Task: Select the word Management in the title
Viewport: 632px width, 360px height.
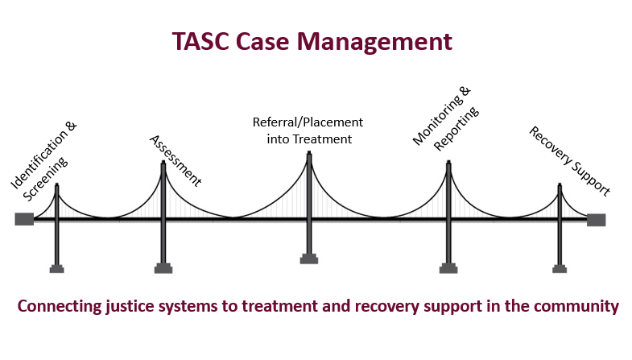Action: pos(374,42)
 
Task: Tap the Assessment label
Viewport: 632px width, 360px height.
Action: pos(176,160)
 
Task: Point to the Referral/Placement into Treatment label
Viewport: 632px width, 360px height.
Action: pos(308,130)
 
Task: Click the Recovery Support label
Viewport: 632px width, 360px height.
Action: pos(569,161)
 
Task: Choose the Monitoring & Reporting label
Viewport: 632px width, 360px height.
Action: pos(446,118)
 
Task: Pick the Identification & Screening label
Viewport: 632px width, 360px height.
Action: pos(43,161)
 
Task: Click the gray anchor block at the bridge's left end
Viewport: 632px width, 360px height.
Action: pos(24,219)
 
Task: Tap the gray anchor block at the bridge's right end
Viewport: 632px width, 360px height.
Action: pos(596,220)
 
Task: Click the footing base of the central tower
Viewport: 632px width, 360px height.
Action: pos(309,259)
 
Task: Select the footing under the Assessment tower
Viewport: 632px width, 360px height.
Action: pos(163,268)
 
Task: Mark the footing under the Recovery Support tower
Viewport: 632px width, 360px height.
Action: pos(560,268)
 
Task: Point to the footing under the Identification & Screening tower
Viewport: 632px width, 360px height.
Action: pos(57,268)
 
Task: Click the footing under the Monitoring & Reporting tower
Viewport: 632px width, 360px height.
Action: pos(448,268)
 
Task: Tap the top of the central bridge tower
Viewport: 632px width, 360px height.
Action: pos(309,152)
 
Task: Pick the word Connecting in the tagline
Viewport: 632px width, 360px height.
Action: pos(60,306)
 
